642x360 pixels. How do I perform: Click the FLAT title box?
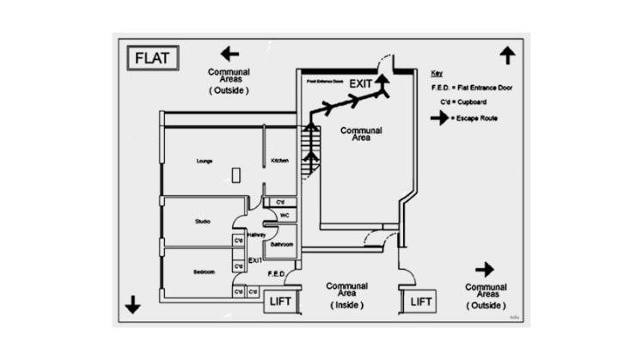coord(155,59)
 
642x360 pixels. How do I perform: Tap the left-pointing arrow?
coord(229,53)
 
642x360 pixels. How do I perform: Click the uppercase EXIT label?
coord(361,83)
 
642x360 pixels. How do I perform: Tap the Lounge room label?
coord(205,161)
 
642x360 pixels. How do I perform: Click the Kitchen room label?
coord(280,161)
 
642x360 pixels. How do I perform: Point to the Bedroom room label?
coord(204,272)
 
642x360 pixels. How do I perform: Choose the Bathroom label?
coord(282,244)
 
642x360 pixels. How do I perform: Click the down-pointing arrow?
coord(133,304)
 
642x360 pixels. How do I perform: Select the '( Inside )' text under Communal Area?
coord(347,305)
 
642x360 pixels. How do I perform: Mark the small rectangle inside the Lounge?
coord(235,174)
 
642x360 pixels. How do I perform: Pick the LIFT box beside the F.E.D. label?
coord(281,302)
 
